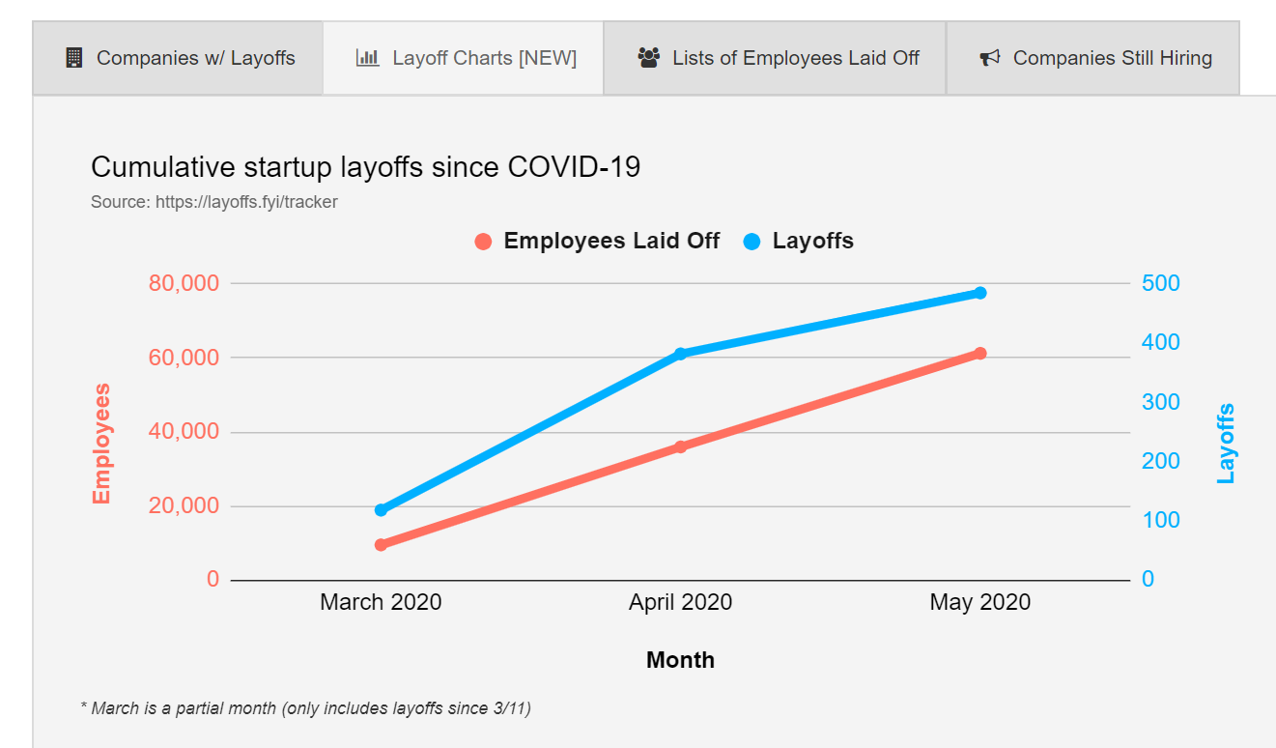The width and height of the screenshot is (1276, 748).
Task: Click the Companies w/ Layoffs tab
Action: pos(179,58)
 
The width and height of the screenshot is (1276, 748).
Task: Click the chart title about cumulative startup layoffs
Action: pos(365,167)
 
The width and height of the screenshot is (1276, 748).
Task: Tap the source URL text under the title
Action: pos(213,202)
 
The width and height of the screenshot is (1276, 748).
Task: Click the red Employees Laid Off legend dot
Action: pos(484,242)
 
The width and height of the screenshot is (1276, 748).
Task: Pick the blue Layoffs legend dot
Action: pos(752,242)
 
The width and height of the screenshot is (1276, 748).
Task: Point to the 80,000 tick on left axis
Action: pos(184,283)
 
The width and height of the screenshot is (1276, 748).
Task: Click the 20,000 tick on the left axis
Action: pos(184,505)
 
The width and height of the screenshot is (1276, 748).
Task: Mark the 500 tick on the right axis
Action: pos(1160,283)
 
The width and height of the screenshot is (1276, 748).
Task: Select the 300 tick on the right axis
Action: pos(1160,402)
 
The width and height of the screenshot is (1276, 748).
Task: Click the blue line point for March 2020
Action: pos(381,509)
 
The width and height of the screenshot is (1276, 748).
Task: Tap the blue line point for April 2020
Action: pos(680,354)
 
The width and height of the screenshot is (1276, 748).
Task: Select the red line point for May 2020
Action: pos(980,353)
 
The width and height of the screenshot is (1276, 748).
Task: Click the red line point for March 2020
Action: pos(381,544)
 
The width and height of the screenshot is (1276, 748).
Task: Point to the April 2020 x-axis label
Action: pos(680,602)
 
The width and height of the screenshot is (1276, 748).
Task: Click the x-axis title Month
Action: pos(680,660)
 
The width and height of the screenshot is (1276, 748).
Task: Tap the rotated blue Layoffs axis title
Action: pos(1226,444)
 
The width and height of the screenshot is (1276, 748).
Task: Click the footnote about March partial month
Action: pos(305,708)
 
